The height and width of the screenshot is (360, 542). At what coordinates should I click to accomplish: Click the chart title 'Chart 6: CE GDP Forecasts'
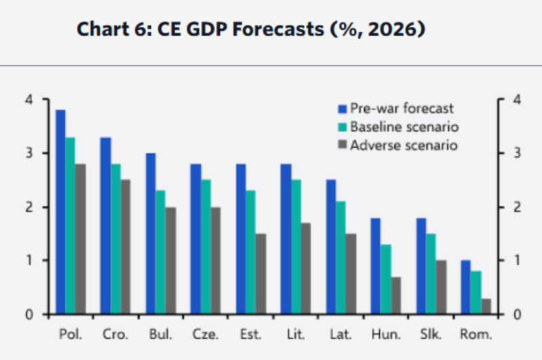click(251, 31)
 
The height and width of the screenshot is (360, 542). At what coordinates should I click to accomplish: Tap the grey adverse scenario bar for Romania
click(486, 306)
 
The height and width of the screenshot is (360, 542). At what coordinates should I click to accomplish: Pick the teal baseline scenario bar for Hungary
click(385, 279)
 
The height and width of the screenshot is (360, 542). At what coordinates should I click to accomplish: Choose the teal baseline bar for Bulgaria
click(161, 252)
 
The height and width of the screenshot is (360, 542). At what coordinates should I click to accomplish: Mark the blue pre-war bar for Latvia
click(331, 246)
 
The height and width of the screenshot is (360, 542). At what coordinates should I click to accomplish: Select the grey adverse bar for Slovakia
click(441, 287)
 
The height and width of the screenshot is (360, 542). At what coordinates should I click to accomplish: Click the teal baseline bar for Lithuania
click(295, 246)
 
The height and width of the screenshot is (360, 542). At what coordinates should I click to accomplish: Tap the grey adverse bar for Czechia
click(215, 260)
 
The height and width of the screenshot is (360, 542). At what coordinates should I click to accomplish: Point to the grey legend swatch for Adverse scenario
click(343, 145)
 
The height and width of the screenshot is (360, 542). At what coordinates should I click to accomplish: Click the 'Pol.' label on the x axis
click(70, 334)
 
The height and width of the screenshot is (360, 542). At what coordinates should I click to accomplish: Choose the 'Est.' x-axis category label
click(250, 334)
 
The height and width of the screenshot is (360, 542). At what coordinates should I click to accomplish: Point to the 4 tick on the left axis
click(28, 100)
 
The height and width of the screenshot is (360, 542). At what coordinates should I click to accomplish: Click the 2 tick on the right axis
click(516, 207)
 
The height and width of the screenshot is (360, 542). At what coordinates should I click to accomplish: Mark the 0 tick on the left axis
click(28, 315)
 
